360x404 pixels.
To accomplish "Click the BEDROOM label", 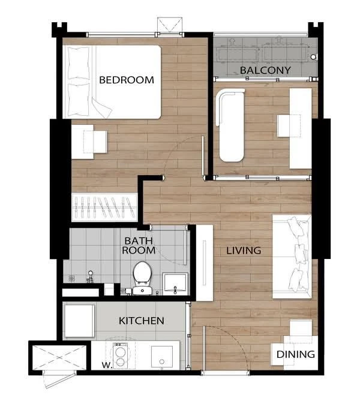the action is [127, 80].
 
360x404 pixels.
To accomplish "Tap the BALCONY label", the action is [265, 70].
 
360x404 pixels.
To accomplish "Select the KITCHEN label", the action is [142, 321].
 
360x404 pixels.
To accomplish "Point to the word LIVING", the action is [244, 251].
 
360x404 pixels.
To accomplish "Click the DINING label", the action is [296, 354].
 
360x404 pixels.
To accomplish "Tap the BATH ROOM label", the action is [139, 246].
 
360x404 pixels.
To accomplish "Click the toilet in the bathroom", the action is [142, 278].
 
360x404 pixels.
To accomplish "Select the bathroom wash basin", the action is [175, 284].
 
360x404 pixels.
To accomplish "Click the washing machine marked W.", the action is [120, 355].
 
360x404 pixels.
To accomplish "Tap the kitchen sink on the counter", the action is [162, 357].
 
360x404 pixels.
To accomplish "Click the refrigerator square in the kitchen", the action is [79, 321].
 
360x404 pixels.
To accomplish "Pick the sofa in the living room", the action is [292, 257].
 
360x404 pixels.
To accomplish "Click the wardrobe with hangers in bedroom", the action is [104, 207].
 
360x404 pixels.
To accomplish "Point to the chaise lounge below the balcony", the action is [231, 125].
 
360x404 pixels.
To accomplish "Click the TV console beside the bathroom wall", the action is [205, 263].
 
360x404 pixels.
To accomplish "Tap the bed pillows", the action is [79, 82].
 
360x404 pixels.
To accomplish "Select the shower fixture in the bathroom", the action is [90, 277].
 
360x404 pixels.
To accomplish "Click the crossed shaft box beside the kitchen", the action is [59, 357].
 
